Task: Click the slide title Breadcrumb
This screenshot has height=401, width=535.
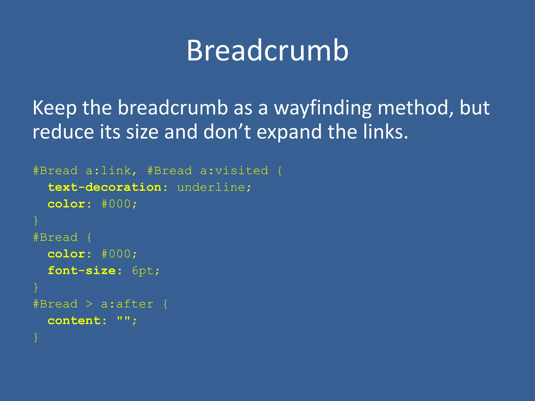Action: pos(267,50)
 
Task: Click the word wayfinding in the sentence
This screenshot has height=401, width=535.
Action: pos(323,108)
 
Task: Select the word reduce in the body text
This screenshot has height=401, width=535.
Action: pos(63,132)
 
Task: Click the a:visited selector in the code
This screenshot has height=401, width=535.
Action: pos(234,171)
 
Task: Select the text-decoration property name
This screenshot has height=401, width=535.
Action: pos(104,187)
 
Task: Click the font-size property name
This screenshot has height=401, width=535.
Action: pos(82,271)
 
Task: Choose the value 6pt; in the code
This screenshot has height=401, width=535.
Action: pos(146,271)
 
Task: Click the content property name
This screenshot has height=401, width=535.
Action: pos(74,321)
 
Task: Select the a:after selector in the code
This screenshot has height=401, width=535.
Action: pos(127,304)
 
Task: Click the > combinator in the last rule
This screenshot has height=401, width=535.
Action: pos(89,304)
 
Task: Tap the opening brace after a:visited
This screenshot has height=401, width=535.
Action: pos(280,171)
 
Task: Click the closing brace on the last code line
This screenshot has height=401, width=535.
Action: pos(36,337)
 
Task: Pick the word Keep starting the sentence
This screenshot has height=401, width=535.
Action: pos(55,108)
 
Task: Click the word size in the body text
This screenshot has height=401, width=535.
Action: pos(142,132)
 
